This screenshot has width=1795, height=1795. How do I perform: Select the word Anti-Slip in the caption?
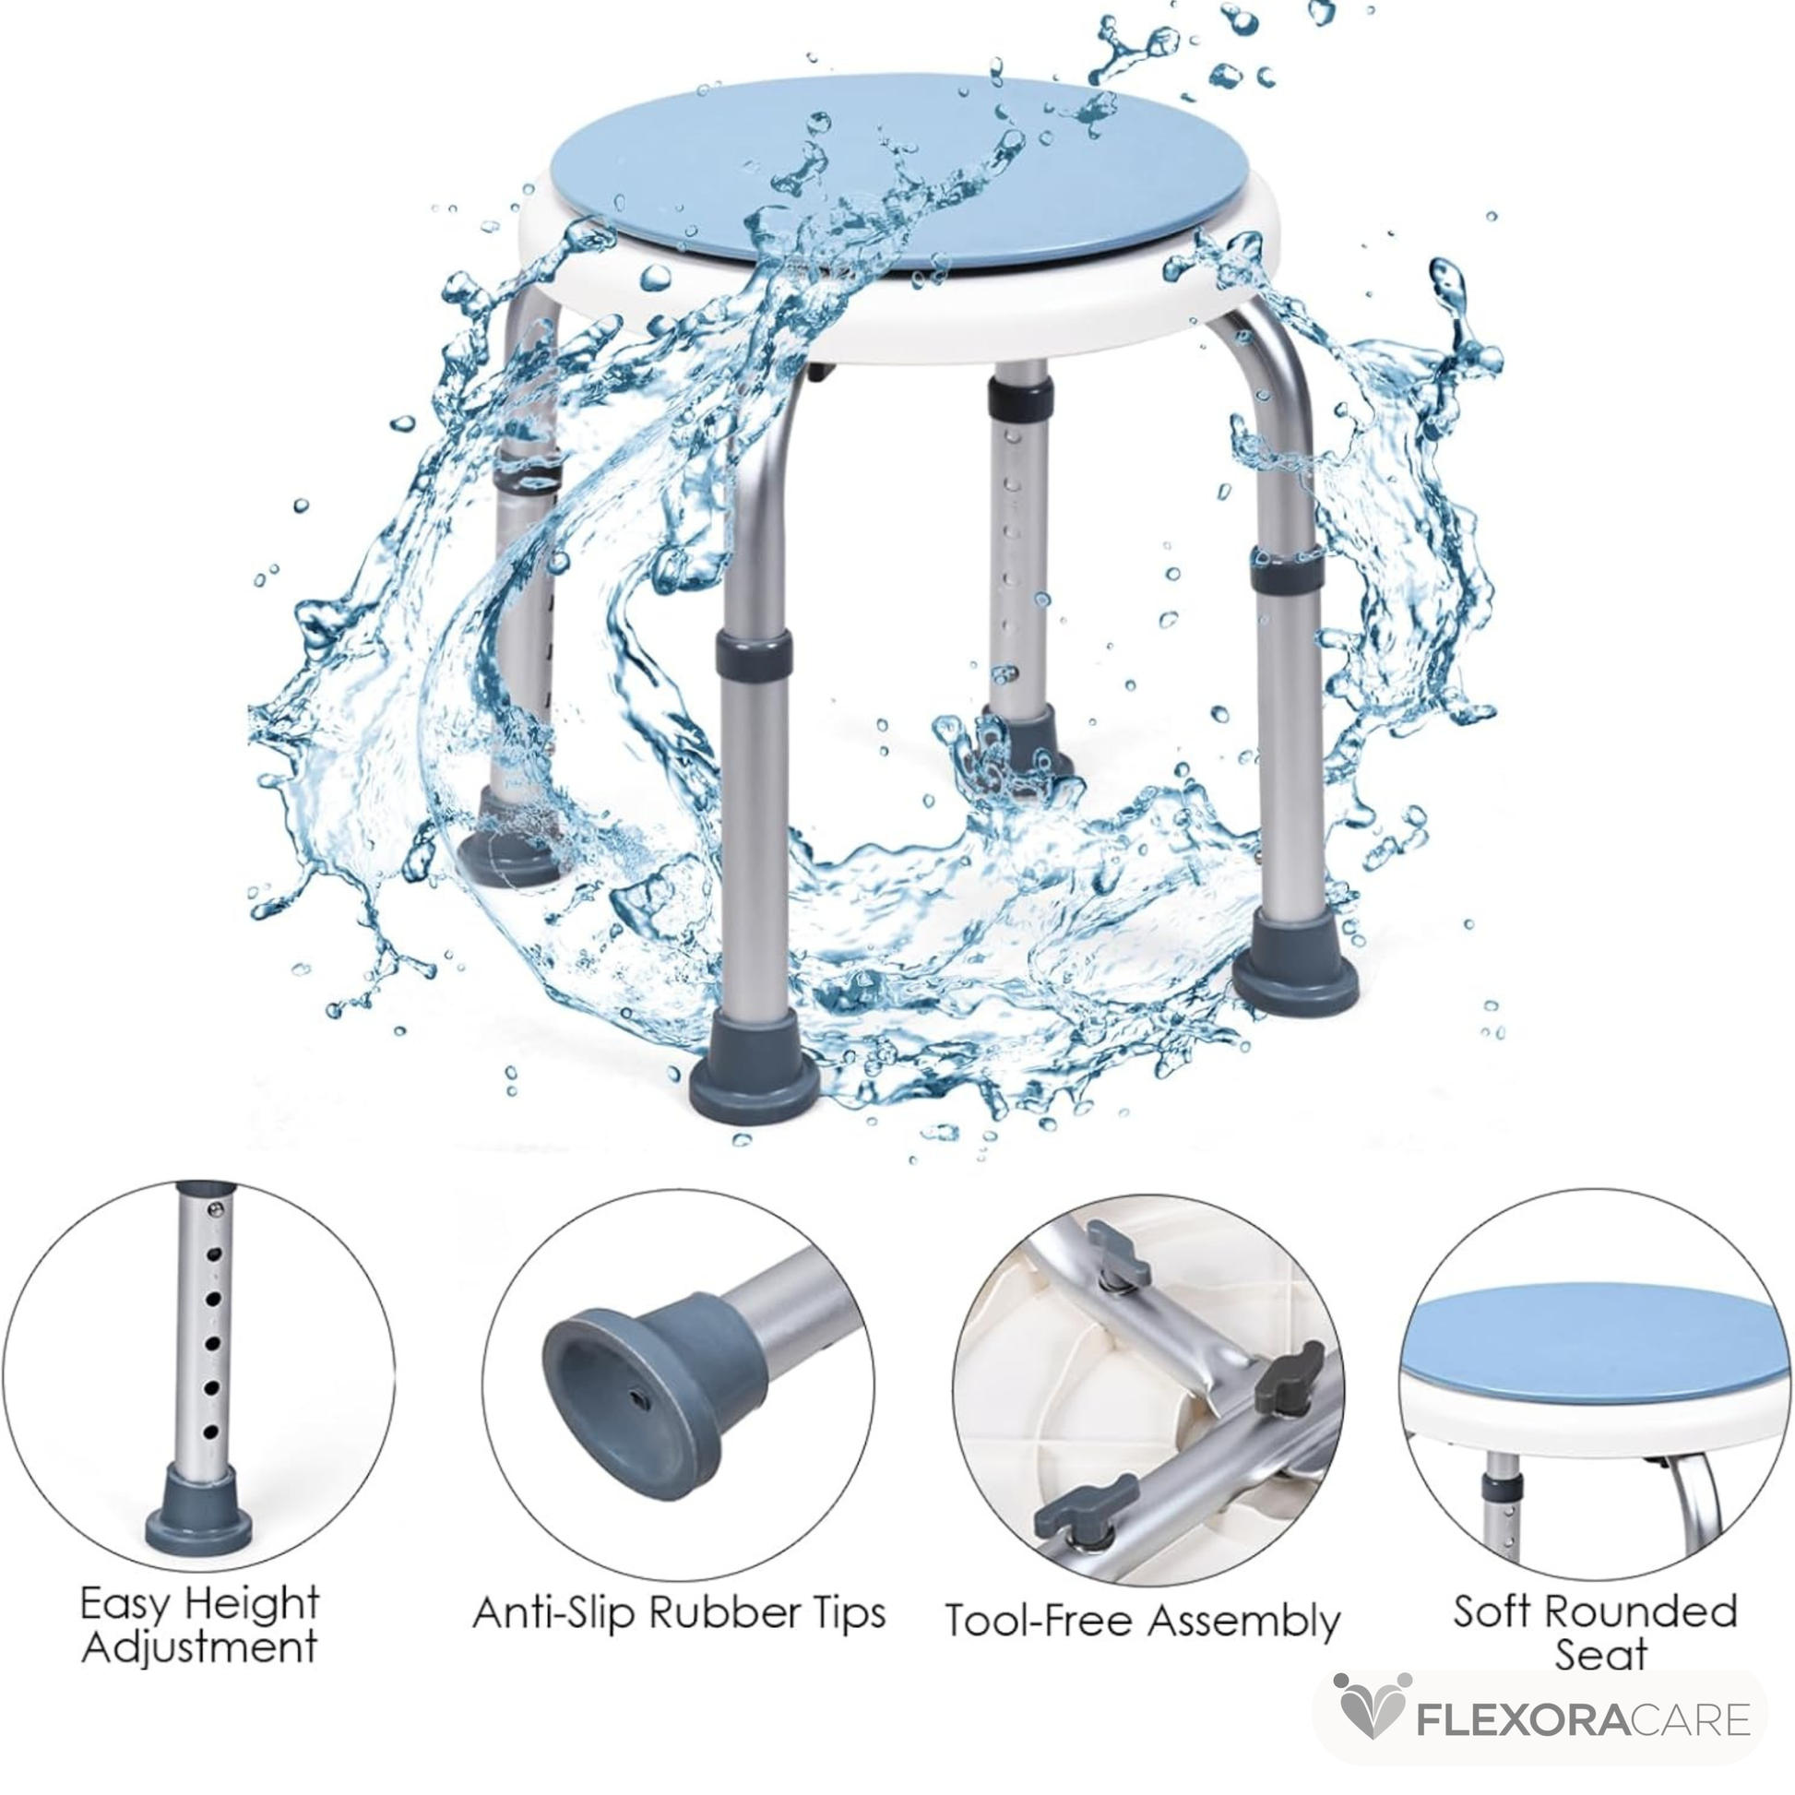(553, 1612)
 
